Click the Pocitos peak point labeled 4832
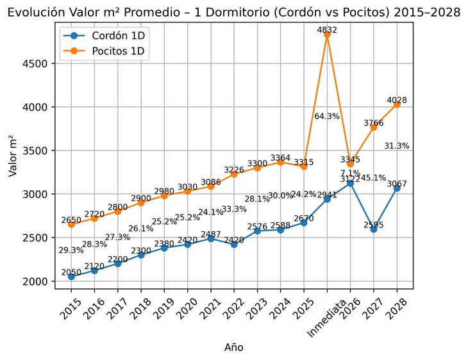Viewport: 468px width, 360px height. (x=327, y=35)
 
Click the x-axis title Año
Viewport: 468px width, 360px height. (x=233, y=347)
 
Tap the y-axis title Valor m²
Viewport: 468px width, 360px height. (x=12, y=156)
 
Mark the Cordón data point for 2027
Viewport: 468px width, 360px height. (x=374, y=229)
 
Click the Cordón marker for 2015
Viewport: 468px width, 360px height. (x=71, y=276)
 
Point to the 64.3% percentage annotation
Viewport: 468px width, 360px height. (x=327, y=116)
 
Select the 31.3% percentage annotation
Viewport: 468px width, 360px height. (x=397, y=145)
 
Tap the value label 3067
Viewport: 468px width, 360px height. (x=397, y=184)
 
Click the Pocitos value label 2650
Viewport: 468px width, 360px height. (x=71, y=220)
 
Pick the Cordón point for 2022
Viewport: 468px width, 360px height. (x=234, y=244)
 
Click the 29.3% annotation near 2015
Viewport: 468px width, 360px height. (x=71, y=250)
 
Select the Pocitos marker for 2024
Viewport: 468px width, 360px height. (x=280, y=162)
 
